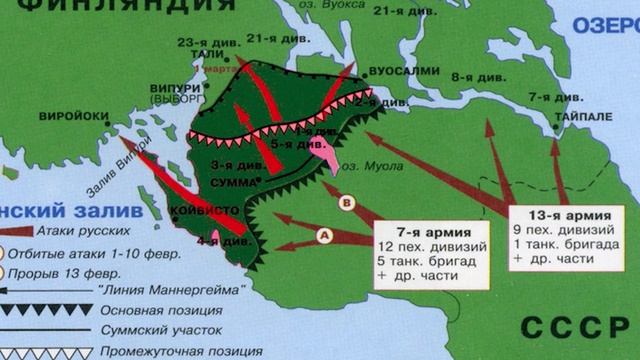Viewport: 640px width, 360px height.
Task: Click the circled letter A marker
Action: tap(324, 235)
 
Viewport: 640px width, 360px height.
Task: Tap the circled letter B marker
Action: tap(347, 201)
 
